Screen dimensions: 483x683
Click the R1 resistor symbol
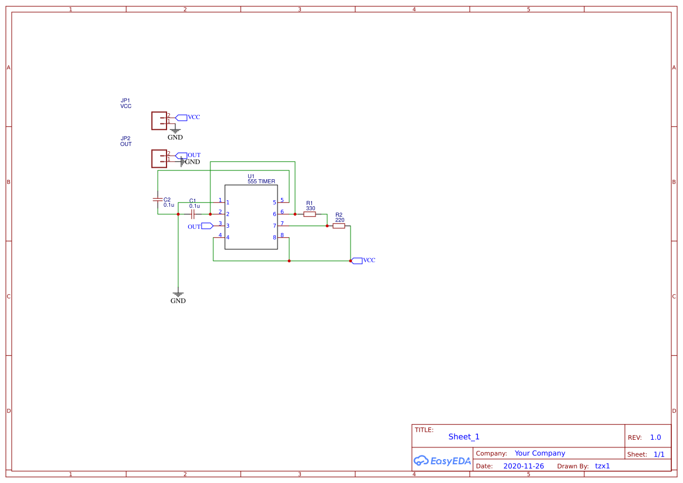coord(310,214)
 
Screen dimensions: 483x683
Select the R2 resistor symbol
coord(339,226)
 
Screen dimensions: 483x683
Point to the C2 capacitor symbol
coord(157,200)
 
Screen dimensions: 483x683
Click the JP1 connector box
coord(159,121)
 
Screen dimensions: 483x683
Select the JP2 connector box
coord(159,158)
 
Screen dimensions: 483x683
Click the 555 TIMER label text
coord(261,182)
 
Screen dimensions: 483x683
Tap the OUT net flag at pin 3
coord(207,226)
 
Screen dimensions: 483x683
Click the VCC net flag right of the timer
coord(357,260)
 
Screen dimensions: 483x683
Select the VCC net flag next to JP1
coord(181,117)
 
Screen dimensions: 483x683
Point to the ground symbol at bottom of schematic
coord(178,294)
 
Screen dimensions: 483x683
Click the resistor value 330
coord(310,209)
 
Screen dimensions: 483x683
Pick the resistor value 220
coord(339,220)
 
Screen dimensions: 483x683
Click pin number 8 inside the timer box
coord(274,238)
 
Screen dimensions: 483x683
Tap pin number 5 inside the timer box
coord(274,203)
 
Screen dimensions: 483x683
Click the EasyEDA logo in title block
coord(442,461)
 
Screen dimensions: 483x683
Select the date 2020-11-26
coord(523,466)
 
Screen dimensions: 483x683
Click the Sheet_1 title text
coord(464,437)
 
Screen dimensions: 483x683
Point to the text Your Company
coord(539,453)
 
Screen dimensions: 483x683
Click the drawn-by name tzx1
coord(602,466)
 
